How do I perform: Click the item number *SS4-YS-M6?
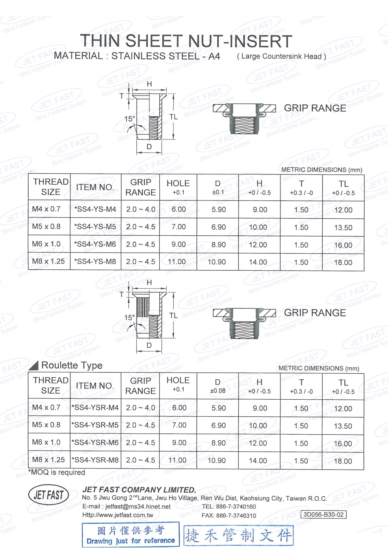pos(95,244)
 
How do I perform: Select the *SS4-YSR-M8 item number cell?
pos(95,460)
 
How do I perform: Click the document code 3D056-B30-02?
pos(324,514)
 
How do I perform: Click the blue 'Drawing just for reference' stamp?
pos(131,535)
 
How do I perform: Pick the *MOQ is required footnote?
pos(57,472)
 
